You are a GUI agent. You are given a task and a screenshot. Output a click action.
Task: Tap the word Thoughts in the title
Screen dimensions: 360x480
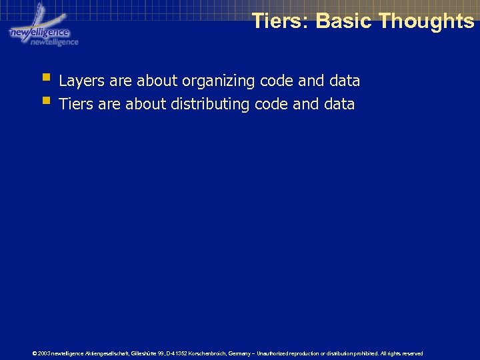426,21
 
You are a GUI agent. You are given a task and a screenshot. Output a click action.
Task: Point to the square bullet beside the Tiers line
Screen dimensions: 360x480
45,101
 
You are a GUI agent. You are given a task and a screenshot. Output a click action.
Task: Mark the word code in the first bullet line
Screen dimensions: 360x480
276,81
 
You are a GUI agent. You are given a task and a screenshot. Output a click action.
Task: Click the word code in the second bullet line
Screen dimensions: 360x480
271,105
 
